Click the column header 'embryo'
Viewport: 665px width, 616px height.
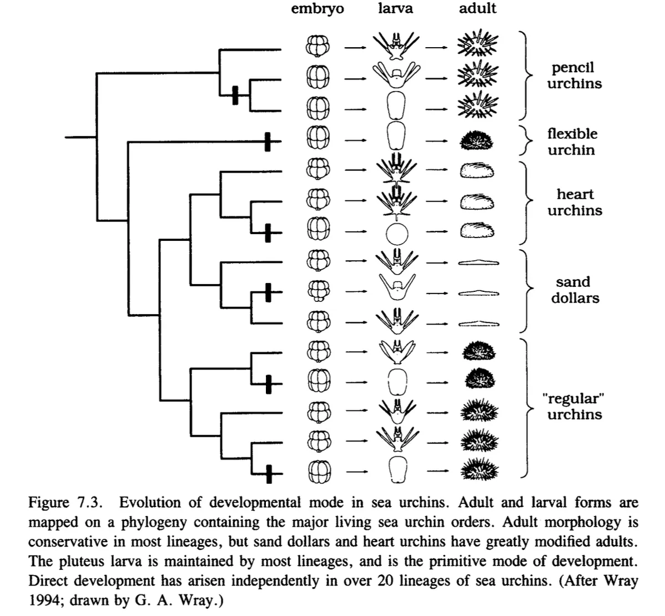[318, 9]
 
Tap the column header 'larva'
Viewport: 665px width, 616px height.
[395, 8]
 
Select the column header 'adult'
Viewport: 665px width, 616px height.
[477, 8]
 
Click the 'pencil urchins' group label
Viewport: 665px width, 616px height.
[574, 75]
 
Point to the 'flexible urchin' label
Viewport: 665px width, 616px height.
[572, 142]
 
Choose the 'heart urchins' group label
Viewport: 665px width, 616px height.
[575, 203]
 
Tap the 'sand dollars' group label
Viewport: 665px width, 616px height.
[575, 290]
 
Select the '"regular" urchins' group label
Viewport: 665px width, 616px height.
[574, 407]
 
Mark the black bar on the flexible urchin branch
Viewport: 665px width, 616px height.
[267, 142]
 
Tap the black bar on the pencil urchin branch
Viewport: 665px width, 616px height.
[235, 95]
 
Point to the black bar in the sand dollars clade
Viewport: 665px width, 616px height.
[268, 292]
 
